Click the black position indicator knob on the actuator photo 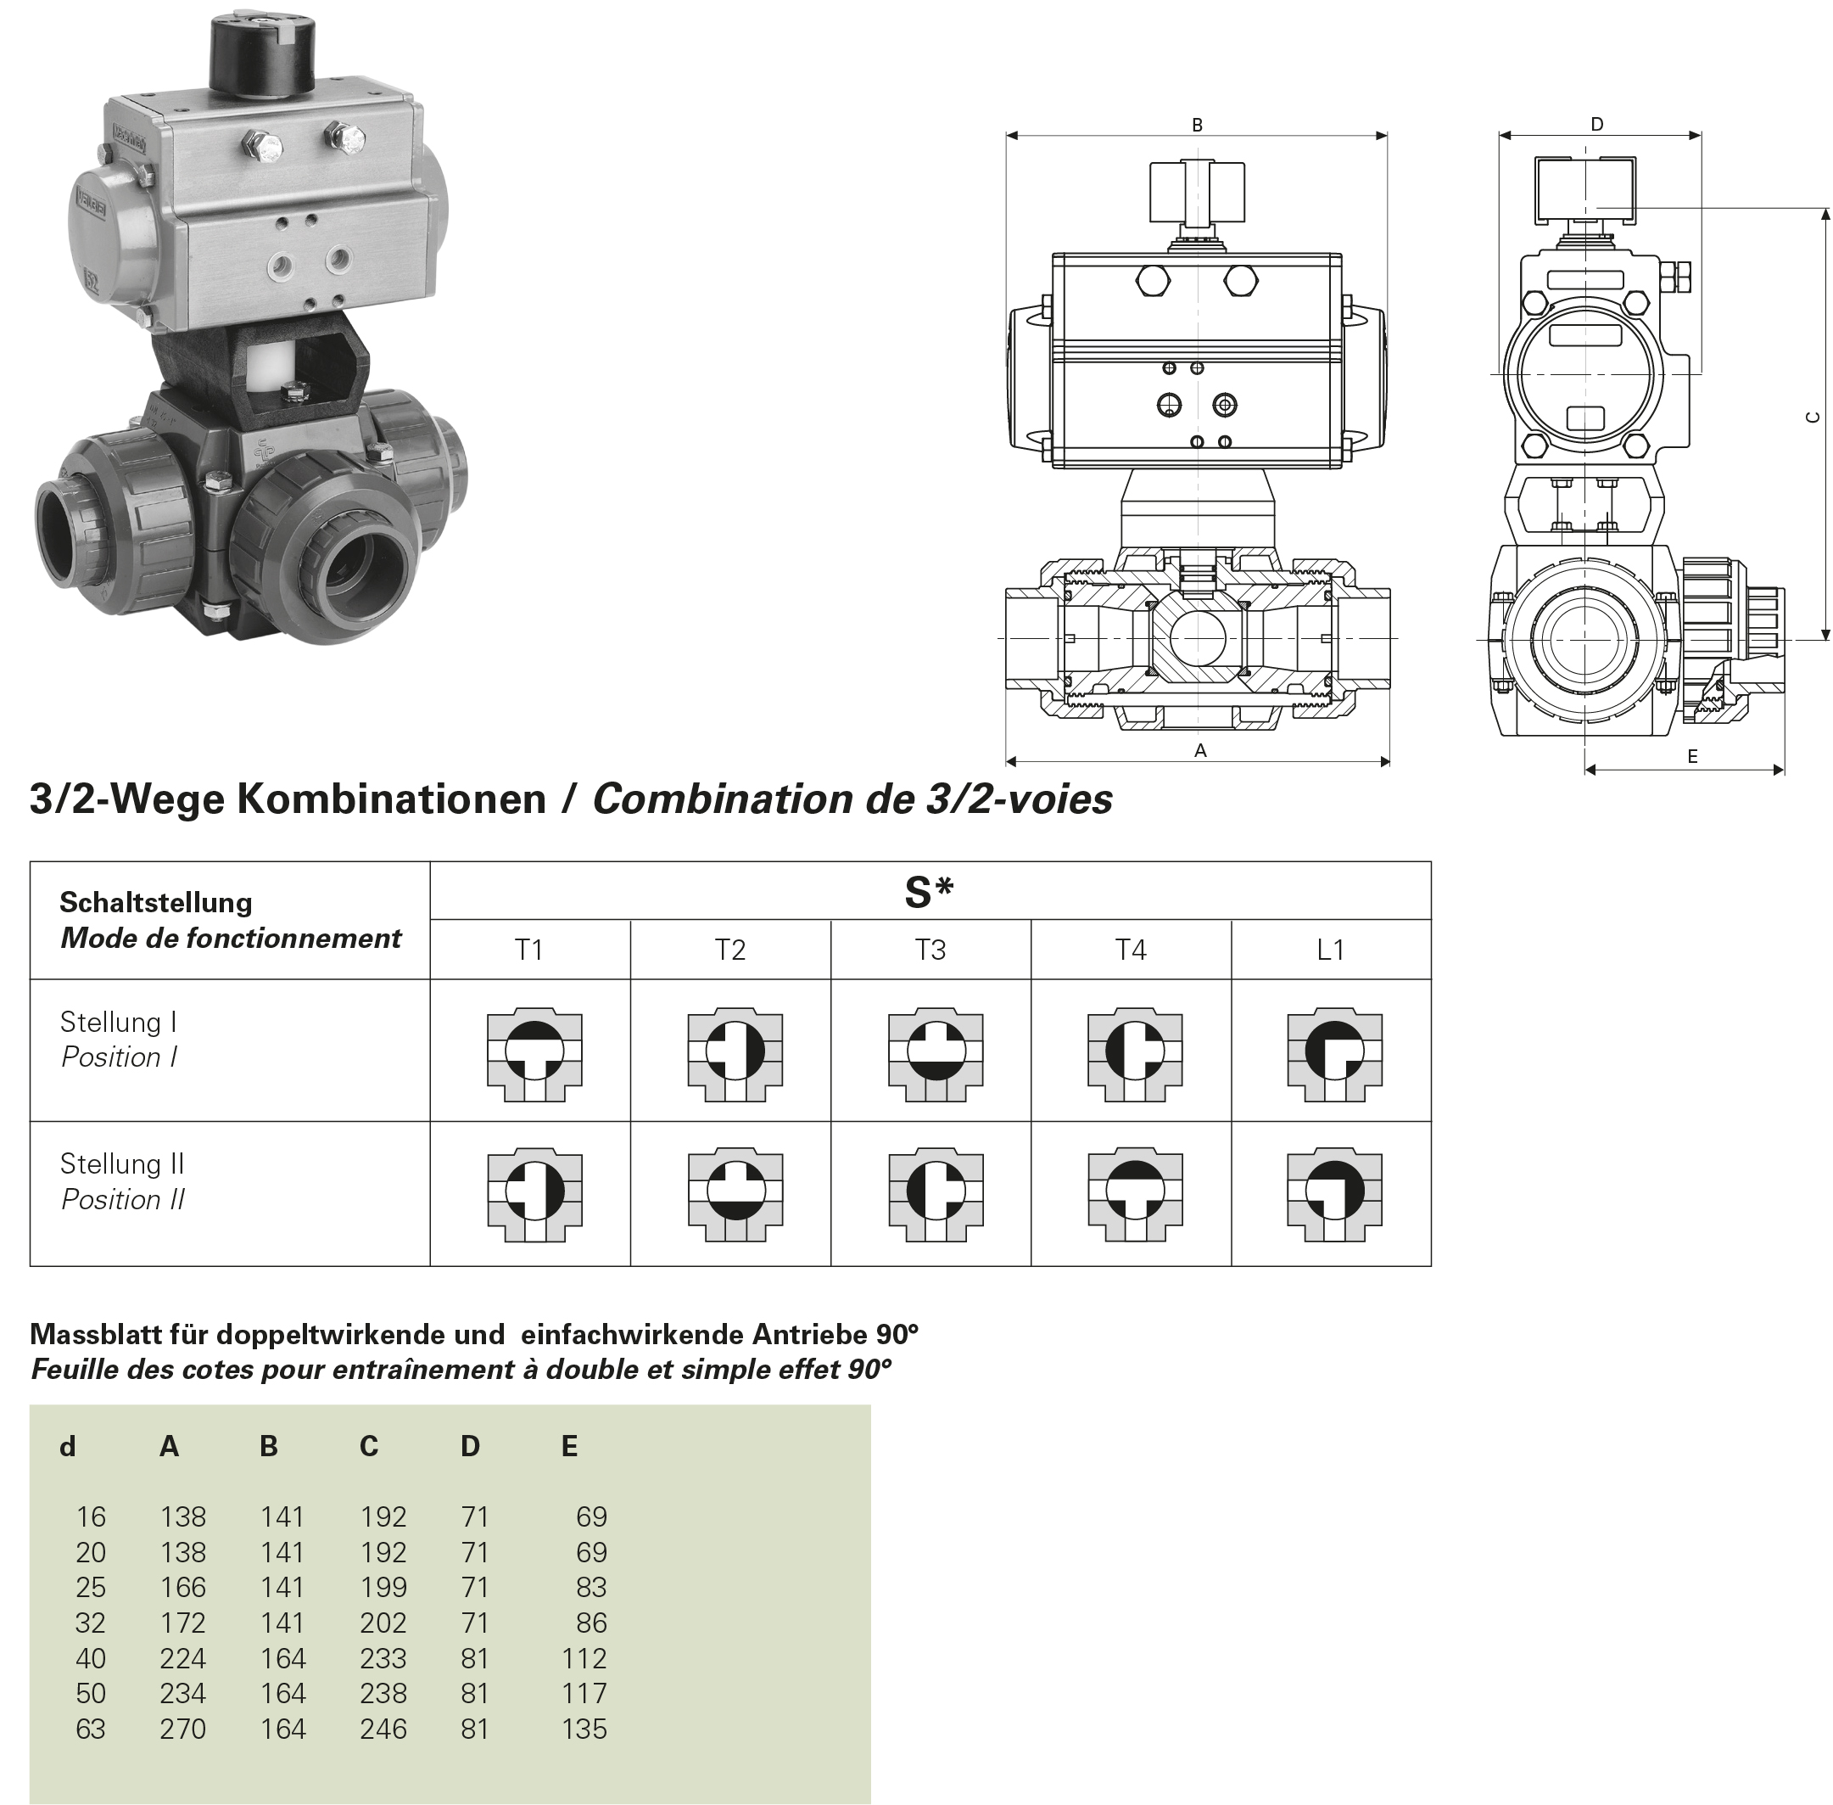click(263, 56)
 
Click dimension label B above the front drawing click(1197, 125)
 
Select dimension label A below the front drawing click(1200, 751)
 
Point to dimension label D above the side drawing click(1597, 124)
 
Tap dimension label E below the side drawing click(1692, 756)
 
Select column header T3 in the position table click(930, 950)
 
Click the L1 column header click(1331, 950)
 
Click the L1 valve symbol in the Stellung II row click(1334, 1196)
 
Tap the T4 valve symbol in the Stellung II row click(1134, 1196)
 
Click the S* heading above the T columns click(929, 892)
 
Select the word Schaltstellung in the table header click(156, 901)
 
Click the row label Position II click(123, 1199)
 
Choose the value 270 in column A click(183, 1729)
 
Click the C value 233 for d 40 click(383, 1658)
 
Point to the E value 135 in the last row click(584, 1729)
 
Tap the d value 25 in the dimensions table click(91, 1587)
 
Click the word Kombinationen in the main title click(390, 799)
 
